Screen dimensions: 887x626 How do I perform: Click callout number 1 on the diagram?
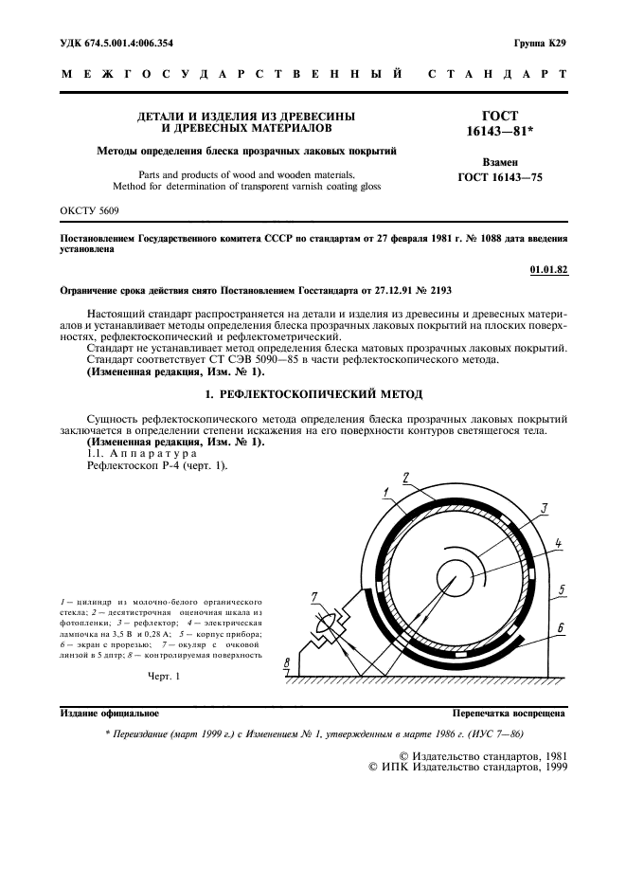[x=388, y=491]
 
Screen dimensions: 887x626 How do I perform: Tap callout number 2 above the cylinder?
[x=405, y=478]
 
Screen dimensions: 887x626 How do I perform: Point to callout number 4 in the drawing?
[x=559, y=544]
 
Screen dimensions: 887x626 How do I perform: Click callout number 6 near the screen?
[x=562, y=627]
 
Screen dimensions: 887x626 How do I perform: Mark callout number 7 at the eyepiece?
[x=314, y=595]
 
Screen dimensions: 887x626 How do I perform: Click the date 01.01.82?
[x=548, y=270]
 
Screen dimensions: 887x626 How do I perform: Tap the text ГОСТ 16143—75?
[x=500, y=177]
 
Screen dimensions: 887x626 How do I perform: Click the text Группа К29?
[x=541, y=44]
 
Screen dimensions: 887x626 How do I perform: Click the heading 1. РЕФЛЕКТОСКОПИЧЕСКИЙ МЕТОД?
[x=313, y=393]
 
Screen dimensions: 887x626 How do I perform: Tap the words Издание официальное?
[x=109, y=713]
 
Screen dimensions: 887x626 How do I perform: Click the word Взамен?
[x=500, y=162]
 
